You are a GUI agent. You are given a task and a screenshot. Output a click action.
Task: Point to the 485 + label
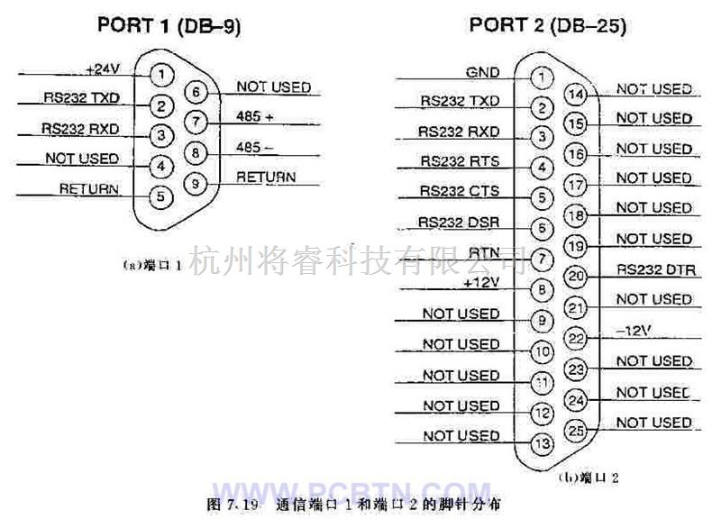tap(255, 116)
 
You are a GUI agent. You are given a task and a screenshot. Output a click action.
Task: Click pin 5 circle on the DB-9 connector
tap(160, 195)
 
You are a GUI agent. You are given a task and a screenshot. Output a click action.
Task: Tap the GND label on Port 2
tap(483, 71)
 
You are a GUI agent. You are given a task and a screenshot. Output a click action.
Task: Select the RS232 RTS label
tap(460, 161)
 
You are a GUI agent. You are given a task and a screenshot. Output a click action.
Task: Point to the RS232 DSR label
tap(460, 222)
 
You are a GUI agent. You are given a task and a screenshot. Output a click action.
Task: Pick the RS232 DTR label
tap(655, 269)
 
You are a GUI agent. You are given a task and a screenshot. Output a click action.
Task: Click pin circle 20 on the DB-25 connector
tap(577, 276)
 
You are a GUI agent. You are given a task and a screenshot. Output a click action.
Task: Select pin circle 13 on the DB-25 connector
tap(541, 442)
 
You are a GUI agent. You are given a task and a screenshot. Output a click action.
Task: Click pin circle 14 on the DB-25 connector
tap(576, 93)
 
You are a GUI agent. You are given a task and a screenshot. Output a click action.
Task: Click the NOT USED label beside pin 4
tap(81, 159)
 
